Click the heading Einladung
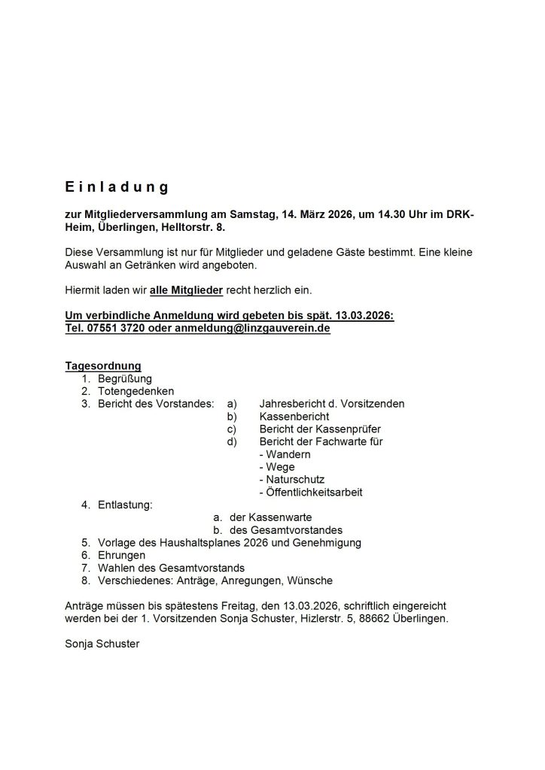pos(116,186)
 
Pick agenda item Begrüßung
pos(125,379)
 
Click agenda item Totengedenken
pos(135,391)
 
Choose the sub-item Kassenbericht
pos(294,416)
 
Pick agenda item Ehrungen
pos(123,555)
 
